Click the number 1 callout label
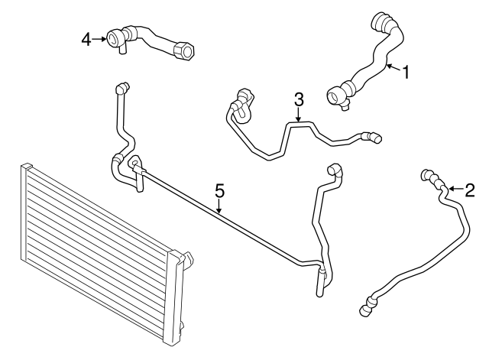click(x=406, y=73)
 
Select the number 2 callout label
click(x=470, y=189)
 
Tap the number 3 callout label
click(x=299, y=99)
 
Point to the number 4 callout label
click(x=87, y=37)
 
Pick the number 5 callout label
click(x=219, y=190)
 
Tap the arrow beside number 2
click(x=455, y=187)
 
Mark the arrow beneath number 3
click(x=299, y=115)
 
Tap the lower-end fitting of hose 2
click(x=366, y=307)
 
